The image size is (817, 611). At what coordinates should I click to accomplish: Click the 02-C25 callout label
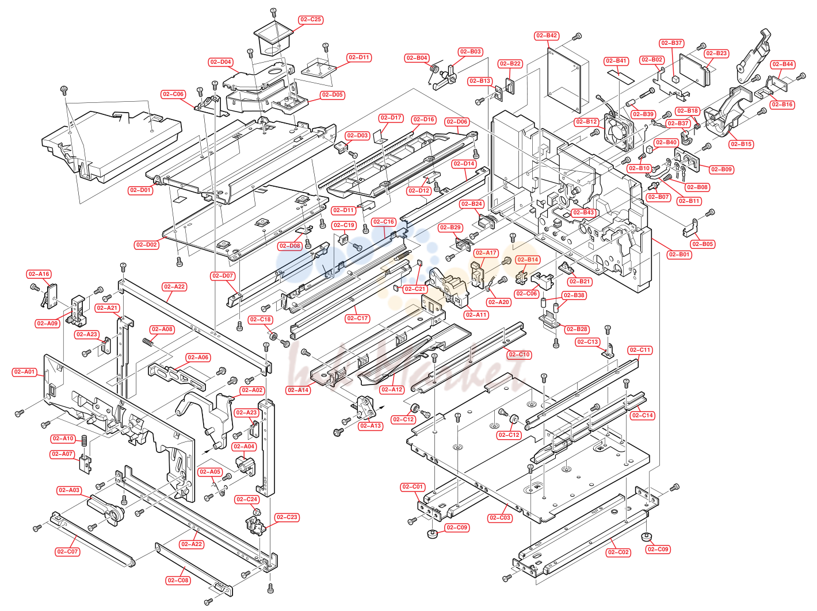[311, 20]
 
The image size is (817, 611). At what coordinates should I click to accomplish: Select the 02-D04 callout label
[221, 62]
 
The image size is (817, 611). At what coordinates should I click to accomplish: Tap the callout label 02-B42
[547, 36]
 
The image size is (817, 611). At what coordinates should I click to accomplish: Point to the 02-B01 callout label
[679, 255]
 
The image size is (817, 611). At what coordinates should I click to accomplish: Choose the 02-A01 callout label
[25, 372]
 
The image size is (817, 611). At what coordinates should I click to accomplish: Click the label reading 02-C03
[500, 518]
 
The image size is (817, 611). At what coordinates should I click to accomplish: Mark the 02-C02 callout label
[618, 552]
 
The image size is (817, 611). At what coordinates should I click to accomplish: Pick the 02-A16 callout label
[39, 274]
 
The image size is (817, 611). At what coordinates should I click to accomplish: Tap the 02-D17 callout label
[391, 118]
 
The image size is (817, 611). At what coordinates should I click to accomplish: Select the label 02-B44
[782, 64]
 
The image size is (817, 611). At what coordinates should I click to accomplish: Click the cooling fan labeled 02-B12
[619, 132]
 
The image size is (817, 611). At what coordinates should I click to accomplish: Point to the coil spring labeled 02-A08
[148, 341]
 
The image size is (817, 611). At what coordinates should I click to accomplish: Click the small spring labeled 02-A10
[84, 441]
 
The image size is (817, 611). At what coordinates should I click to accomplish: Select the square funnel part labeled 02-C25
[273, 38]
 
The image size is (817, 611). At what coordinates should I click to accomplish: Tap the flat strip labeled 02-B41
[621, 76]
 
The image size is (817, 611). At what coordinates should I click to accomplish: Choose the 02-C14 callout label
[643, 416]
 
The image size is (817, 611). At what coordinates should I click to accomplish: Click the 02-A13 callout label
[371, 426]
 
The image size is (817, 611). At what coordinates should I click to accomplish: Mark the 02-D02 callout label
[147, 245]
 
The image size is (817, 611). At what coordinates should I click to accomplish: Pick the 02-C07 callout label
[67, 552]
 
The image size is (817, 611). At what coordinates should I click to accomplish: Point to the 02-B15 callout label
[741, 144]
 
